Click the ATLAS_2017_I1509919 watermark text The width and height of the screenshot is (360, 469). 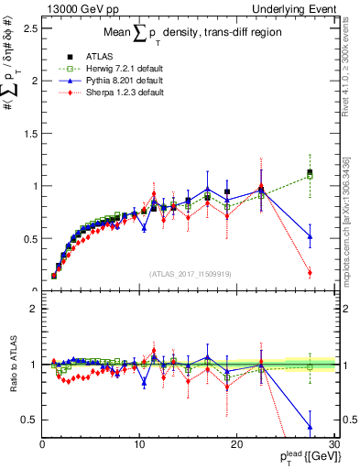point(190,273)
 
